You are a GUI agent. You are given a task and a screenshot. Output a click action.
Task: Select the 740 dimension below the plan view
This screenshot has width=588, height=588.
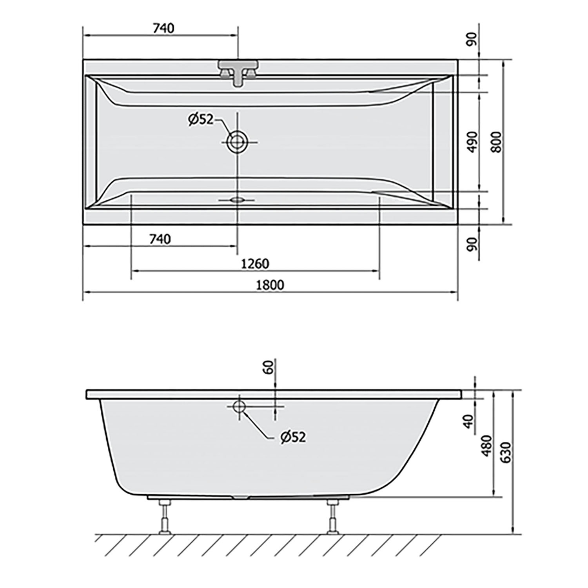pyautogui.click(x=160, y=239)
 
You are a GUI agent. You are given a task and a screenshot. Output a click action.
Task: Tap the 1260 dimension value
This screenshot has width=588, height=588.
pyautogui.click(x=255, y=263)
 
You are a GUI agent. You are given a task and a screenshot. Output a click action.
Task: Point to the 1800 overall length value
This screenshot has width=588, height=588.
pyautogui.click(x=270, y=285)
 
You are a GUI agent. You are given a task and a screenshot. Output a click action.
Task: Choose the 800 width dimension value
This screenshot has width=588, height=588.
pyautogui.click(x=496, y=142)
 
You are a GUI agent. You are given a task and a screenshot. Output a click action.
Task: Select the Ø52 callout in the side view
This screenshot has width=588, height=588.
pyautogui.click(x=292, y=437)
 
